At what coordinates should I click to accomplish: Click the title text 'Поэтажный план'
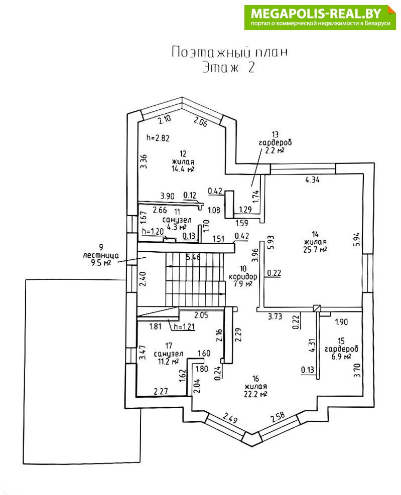pos(230,52)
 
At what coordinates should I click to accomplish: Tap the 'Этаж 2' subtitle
pos(228,68)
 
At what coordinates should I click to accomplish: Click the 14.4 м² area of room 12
pos(183,169)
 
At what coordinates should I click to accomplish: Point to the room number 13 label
pos(275,134)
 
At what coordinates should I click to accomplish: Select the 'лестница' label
pos(101,254)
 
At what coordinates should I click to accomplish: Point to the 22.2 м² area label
pos(255,394)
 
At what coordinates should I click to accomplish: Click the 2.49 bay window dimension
pos(230,417)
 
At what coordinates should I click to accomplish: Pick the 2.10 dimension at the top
pos(165,120)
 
